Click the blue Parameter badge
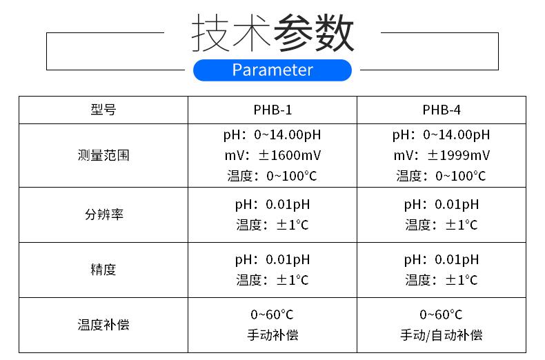pos(272,70)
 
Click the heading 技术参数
pos(273,33)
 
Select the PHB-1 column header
pos(272,110)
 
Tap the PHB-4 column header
pos(442,110)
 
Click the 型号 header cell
pos(103,110)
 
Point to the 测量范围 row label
pos(103,155)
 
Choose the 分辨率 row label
pos(103,214)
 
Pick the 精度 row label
pos(103,270)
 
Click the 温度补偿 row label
pos(103,325)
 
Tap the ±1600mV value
pos(290,155)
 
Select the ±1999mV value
pos(459,155)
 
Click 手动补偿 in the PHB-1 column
pos(272,335)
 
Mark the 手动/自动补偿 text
pos(442,335)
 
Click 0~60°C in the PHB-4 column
pos(441,314)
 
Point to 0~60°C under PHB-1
pos(272,314)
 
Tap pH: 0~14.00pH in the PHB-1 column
pos(272,135)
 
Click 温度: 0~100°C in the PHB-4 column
pos(441,176)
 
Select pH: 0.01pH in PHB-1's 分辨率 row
pos(272,205)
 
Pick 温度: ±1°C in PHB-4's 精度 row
pos(442,280)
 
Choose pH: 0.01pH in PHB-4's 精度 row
pos(442,260)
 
